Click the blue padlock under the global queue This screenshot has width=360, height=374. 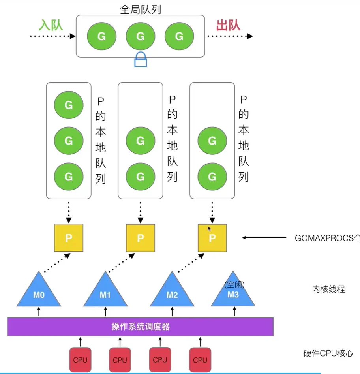[x=141, y=60]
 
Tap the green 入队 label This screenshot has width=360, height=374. [x=51, y=25]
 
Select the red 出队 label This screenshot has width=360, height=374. [x=228, y=25]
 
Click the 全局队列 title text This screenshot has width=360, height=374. [x=141, y=9]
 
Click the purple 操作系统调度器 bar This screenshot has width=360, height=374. [x=141, y=327]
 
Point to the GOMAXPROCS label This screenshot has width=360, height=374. [x=327, y=238]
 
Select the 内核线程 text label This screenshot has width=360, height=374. [x=328, y=289]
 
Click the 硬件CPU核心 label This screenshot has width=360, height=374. [x=328, y=353]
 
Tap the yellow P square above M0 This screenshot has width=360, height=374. [x=69, y=238]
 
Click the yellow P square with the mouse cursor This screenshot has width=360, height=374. [x=212, y=238]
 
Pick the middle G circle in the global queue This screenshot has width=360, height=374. [x=141, y=36]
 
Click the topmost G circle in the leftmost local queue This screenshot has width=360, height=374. [x=69, y=105]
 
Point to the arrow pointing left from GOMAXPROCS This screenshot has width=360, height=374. [x=264, y=238]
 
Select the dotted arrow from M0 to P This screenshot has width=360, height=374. [x=57, y=263]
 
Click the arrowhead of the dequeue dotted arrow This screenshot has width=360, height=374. [x=250, y=36]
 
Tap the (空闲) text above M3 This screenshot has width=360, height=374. [x=234, y=284]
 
